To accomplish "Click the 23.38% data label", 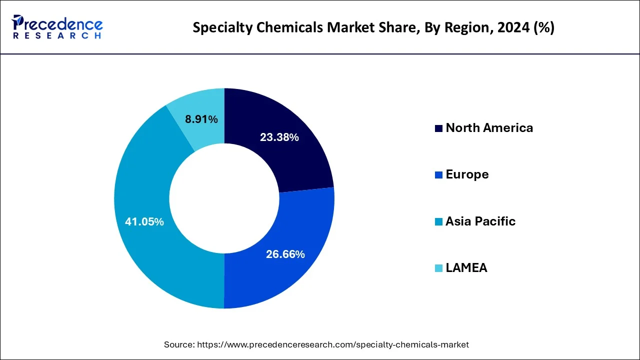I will [x=279, y=137].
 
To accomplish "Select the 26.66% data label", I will [x=285, y=254].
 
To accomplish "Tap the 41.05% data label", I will [x=144, y=221].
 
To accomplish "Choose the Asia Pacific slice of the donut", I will [x=150, y=250].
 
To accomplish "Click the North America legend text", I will [x=489, y=128].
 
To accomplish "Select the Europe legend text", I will [x=467, y=174].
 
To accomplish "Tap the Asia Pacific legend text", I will [x=480, y=221].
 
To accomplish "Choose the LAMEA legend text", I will [x=466, y=268].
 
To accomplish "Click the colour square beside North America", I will [x=438, y=128].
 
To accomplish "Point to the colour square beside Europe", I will [x=438, y=175].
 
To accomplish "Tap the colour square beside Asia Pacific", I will [x=438, y=221].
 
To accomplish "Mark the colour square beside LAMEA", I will [x=438, y=268].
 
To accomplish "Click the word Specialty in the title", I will [x=217, y=28].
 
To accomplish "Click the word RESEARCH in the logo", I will [x=57, y=36].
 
